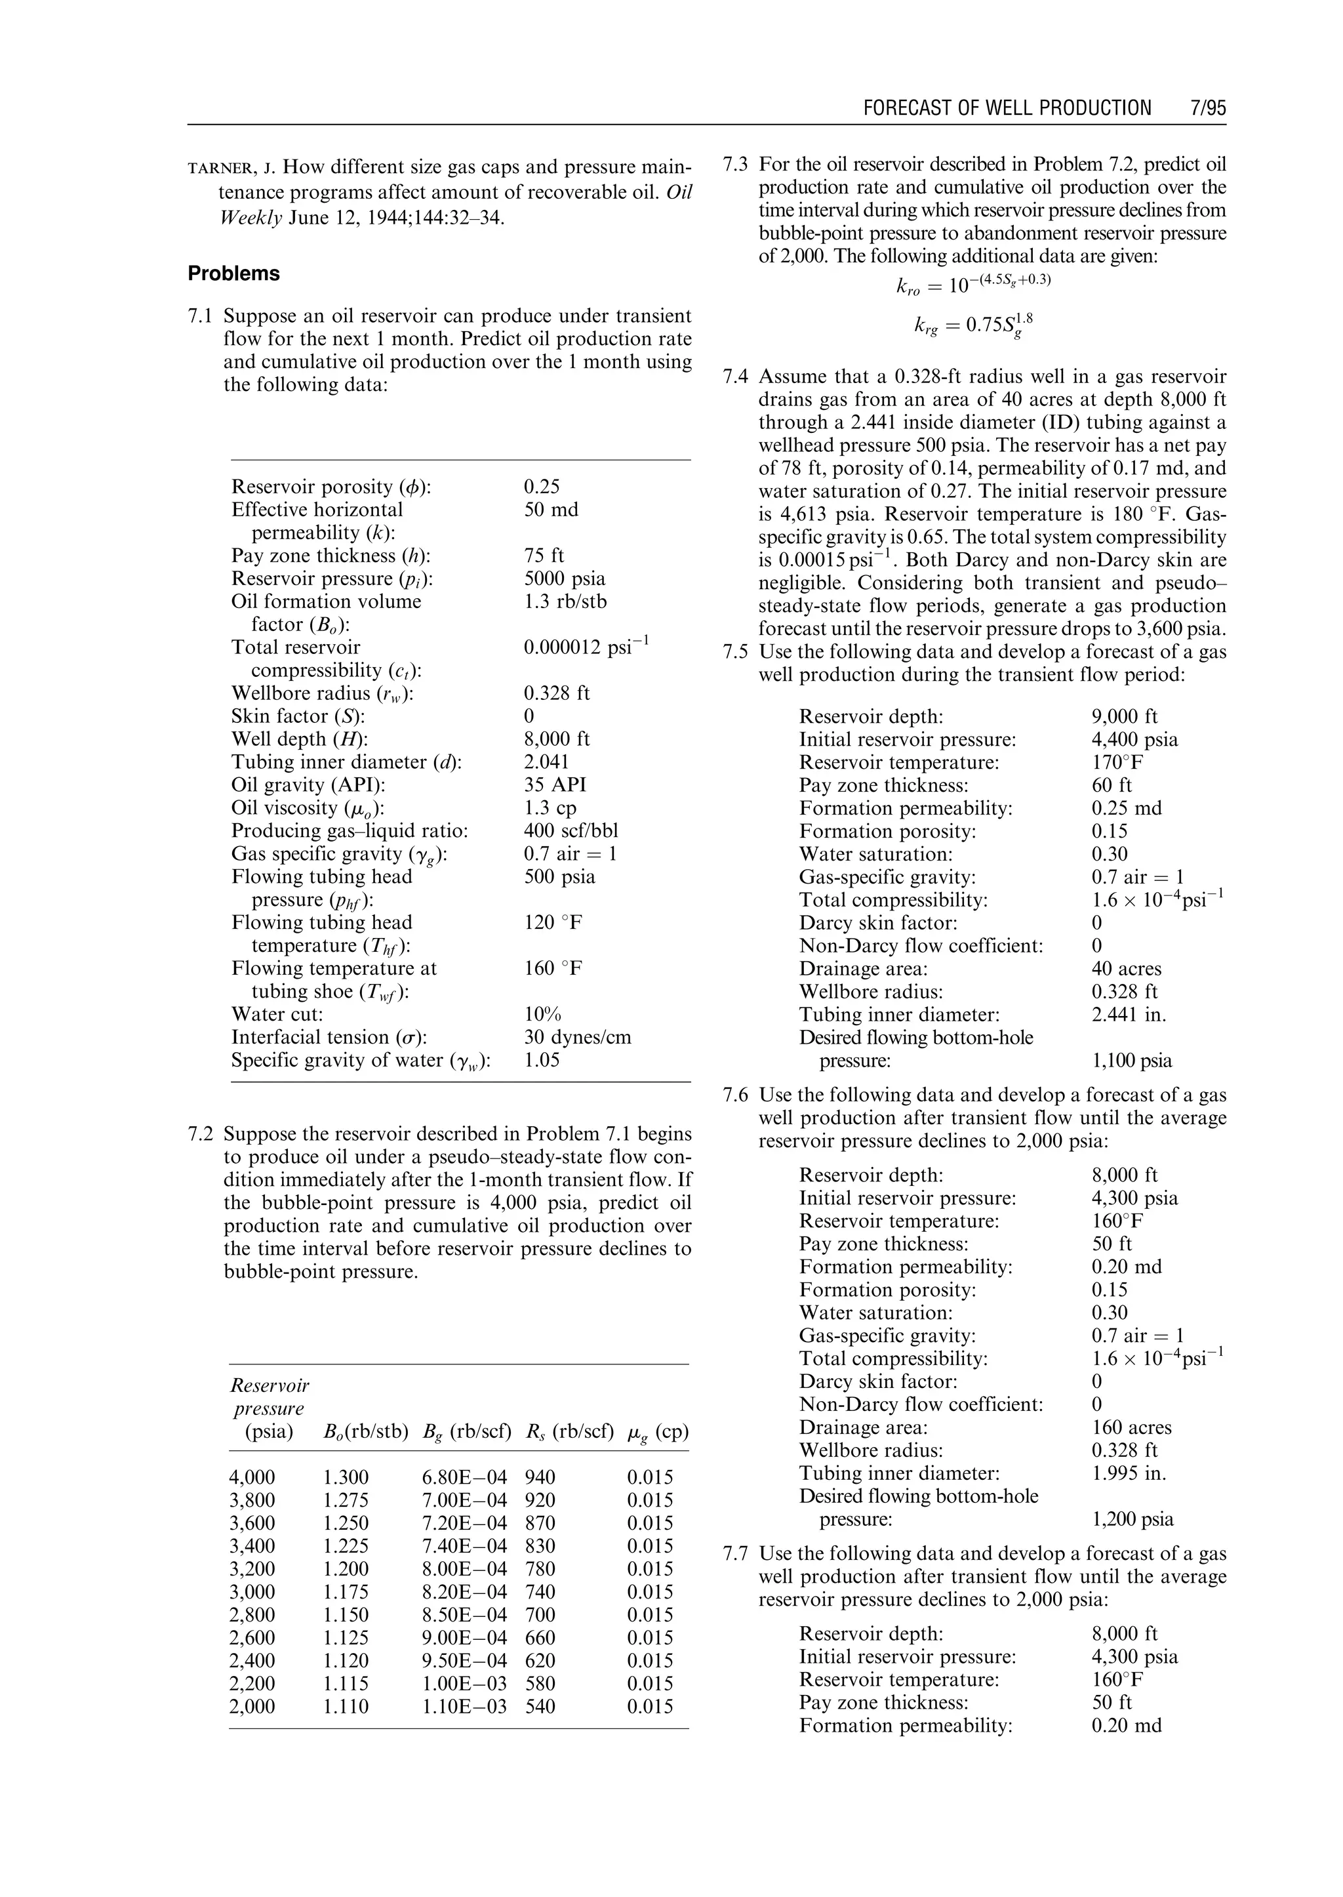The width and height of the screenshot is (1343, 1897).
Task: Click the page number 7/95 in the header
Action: [x=1203, y=108]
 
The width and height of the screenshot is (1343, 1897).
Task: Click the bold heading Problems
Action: [x=233, y=274]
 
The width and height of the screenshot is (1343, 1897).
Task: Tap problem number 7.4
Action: [x=735, y=377]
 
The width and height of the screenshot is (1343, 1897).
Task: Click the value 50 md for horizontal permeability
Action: [x=551, y=510]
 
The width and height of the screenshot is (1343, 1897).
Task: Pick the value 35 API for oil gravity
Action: [x=554, y=785]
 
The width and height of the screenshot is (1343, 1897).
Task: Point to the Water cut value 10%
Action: [x=542, y=1014]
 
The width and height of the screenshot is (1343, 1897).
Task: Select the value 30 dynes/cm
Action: [x=577, y=1038]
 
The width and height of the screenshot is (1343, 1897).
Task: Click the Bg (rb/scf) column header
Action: [x=466, y=1432]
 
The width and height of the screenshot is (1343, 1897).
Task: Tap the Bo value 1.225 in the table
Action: [x=346, y=1546]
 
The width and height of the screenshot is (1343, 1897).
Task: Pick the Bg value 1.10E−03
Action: [x=464, y=1707]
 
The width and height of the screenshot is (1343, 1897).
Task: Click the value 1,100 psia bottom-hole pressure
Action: [x=1131, y=1061]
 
